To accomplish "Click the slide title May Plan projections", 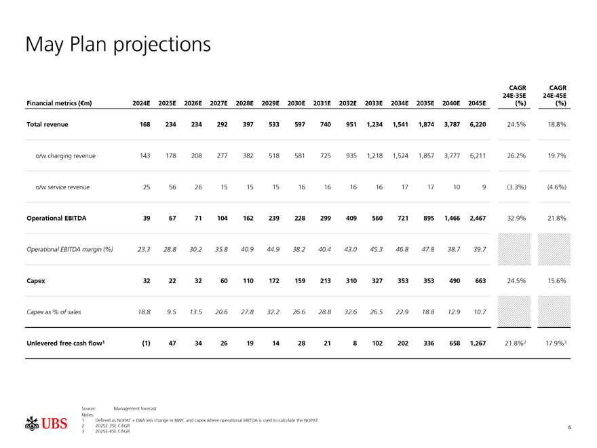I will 118,44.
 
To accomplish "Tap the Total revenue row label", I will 47,124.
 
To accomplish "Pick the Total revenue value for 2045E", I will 477,124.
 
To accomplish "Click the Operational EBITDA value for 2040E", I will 451,218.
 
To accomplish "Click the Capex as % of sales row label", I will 54,312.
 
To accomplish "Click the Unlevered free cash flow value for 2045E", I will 477,343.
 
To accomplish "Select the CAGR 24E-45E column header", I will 556,95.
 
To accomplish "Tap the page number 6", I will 569,427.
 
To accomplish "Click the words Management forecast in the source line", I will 135,408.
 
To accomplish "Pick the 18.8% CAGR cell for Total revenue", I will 556,124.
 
